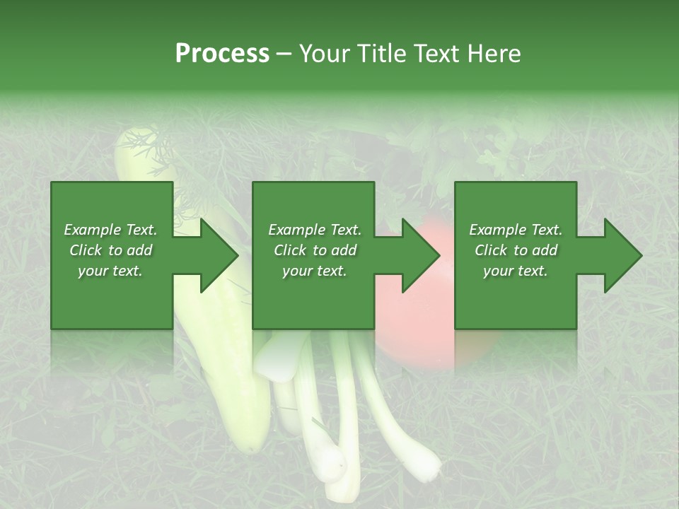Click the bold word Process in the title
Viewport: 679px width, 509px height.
click(x=222, y=53)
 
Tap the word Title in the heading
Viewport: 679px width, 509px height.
click(x=383, y=53)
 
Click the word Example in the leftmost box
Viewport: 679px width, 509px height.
click(x=91, y=230)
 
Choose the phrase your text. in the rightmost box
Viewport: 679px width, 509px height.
click(x=515, y=271)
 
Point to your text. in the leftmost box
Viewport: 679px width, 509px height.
click(x=110, y=271)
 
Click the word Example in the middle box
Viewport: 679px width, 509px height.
click(x=296, y=230)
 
